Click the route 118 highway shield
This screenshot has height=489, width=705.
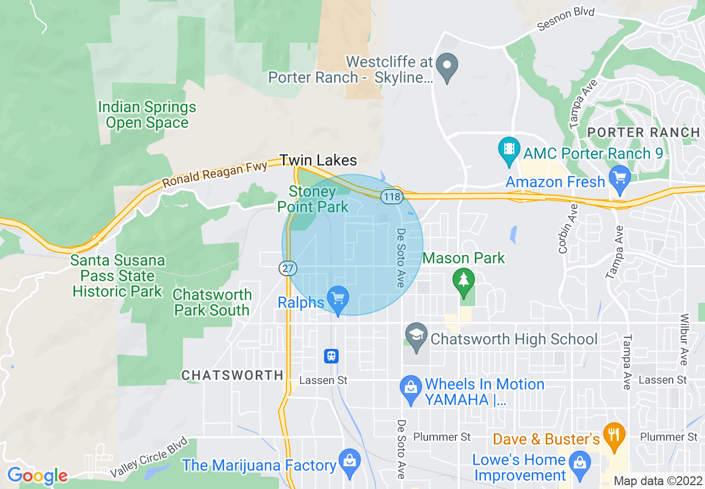pyautogui.click(x=391, y=197)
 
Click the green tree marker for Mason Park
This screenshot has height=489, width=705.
pyautogui.click(x=463, y=280)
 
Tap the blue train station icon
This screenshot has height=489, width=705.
pyautogui.click(x=331, y=356)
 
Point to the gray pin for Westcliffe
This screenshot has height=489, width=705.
pyautogui.click(x=446, y=67)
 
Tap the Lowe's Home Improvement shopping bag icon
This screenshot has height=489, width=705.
pyautogui.click(x=580, y=463)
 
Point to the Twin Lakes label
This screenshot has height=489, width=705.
pyautogui.click(x=319, y=160)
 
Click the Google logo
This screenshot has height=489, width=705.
pyautogui.click(x=37, y=476)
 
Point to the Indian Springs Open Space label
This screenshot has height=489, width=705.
pyautogui.click(x=147, y=115)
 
